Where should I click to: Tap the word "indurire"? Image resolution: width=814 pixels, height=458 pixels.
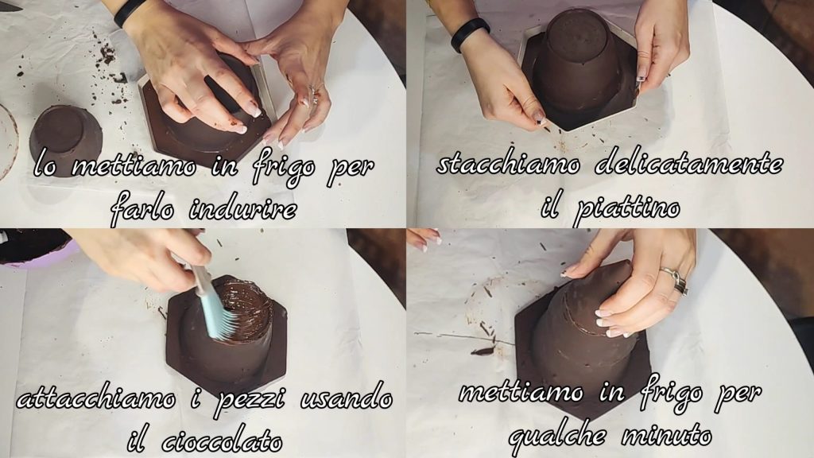[242, 209]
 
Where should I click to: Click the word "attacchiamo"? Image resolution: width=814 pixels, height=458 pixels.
[95, 398]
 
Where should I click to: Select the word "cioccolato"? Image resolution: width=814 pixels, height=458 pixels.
[223, 441]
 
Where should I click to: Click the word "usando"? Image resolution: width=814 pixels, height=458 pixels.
[347, 398]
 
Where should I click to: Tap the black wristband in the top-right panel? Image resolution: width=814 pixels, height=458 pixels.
[469, 33]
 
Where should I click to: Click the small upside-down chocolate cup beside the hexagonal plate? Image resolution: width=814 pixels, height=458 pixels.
[65, 140]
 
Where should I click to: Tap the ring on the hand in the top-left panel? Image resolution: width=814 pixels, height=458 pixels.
[313, 95]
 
